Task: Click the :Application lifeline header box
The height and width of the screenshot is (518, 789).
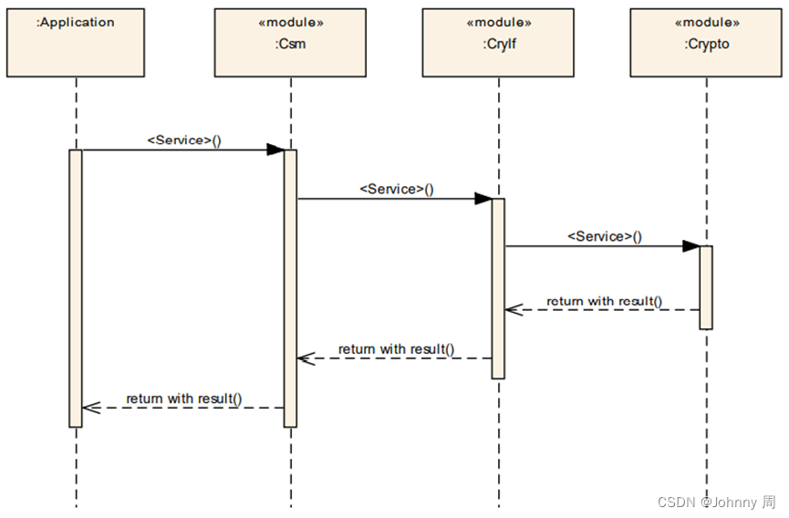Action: [x=76, y=43]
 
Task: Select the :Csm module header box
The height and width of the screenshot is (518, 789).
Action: [x=290, y=43]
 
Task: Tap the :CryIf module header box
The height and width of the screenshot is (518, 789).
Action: [x=498, y=43]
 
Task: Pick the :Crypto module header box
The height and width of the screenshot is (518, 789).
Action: [x=706, y=43]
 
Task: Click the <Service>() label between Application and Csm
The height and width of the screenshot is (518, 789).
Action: [x=184, y=140]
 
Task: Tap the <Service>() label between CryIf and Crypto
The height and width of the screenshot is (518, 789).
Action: [x=604, y=236]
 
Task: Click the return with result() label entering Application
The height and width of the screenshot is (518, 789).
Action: [x=184, y=398]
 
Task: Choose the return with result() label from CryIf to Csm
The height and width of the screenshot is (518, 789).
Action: [x=396, y=349]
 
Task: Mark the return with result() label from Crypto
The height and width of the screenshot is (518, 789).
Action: [x=604, y=301]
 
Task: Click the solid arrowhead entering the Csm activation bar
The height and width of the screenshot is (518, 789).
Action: [x=275, y=150]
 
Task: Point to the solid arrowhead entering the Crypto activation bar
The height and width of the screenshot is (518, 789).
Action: [x=691, y=246]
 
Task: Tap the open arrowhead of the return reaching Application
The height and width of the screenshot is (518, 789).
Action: [x=89, y=408]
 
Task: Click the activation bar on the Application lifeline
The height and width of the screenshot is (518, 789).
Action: [x=76, y=287]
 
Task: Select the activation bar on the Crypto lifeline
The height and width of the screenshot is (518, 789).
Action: [x=706, y=286]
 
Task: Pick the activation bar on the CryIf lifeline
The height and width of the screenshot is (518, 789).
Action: [x=498, y=287]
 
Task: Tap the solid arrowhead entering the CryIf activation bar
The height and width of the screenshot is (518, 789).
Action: [x=483, y=199]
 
